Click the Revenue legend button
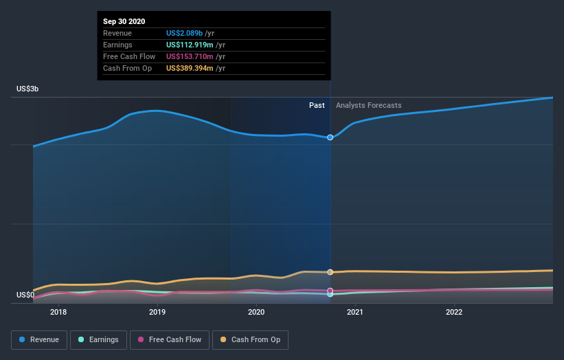(x=40, y=339)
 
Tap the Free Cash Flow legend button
(x=169, y=339)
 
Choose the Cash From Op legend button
(x=251, y=339)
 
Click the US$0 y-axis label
(x=25, y=295)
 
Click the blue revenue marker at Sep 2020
(x=330, y=137)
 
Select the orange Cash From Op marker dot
(x=330, y=272)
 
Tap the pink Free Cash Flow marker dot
(x=330, y=291)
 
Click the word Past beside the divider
(x=317, y=105)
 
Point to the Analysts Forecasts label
(x=369, y=105)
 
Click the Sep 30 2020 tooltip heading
(x=124, y=22)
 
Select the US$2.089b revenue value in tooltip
(x=185, y=33)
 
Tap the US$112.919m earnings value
(x=190, y=45)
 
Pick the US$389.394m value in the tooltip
(x=190, y=68)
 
